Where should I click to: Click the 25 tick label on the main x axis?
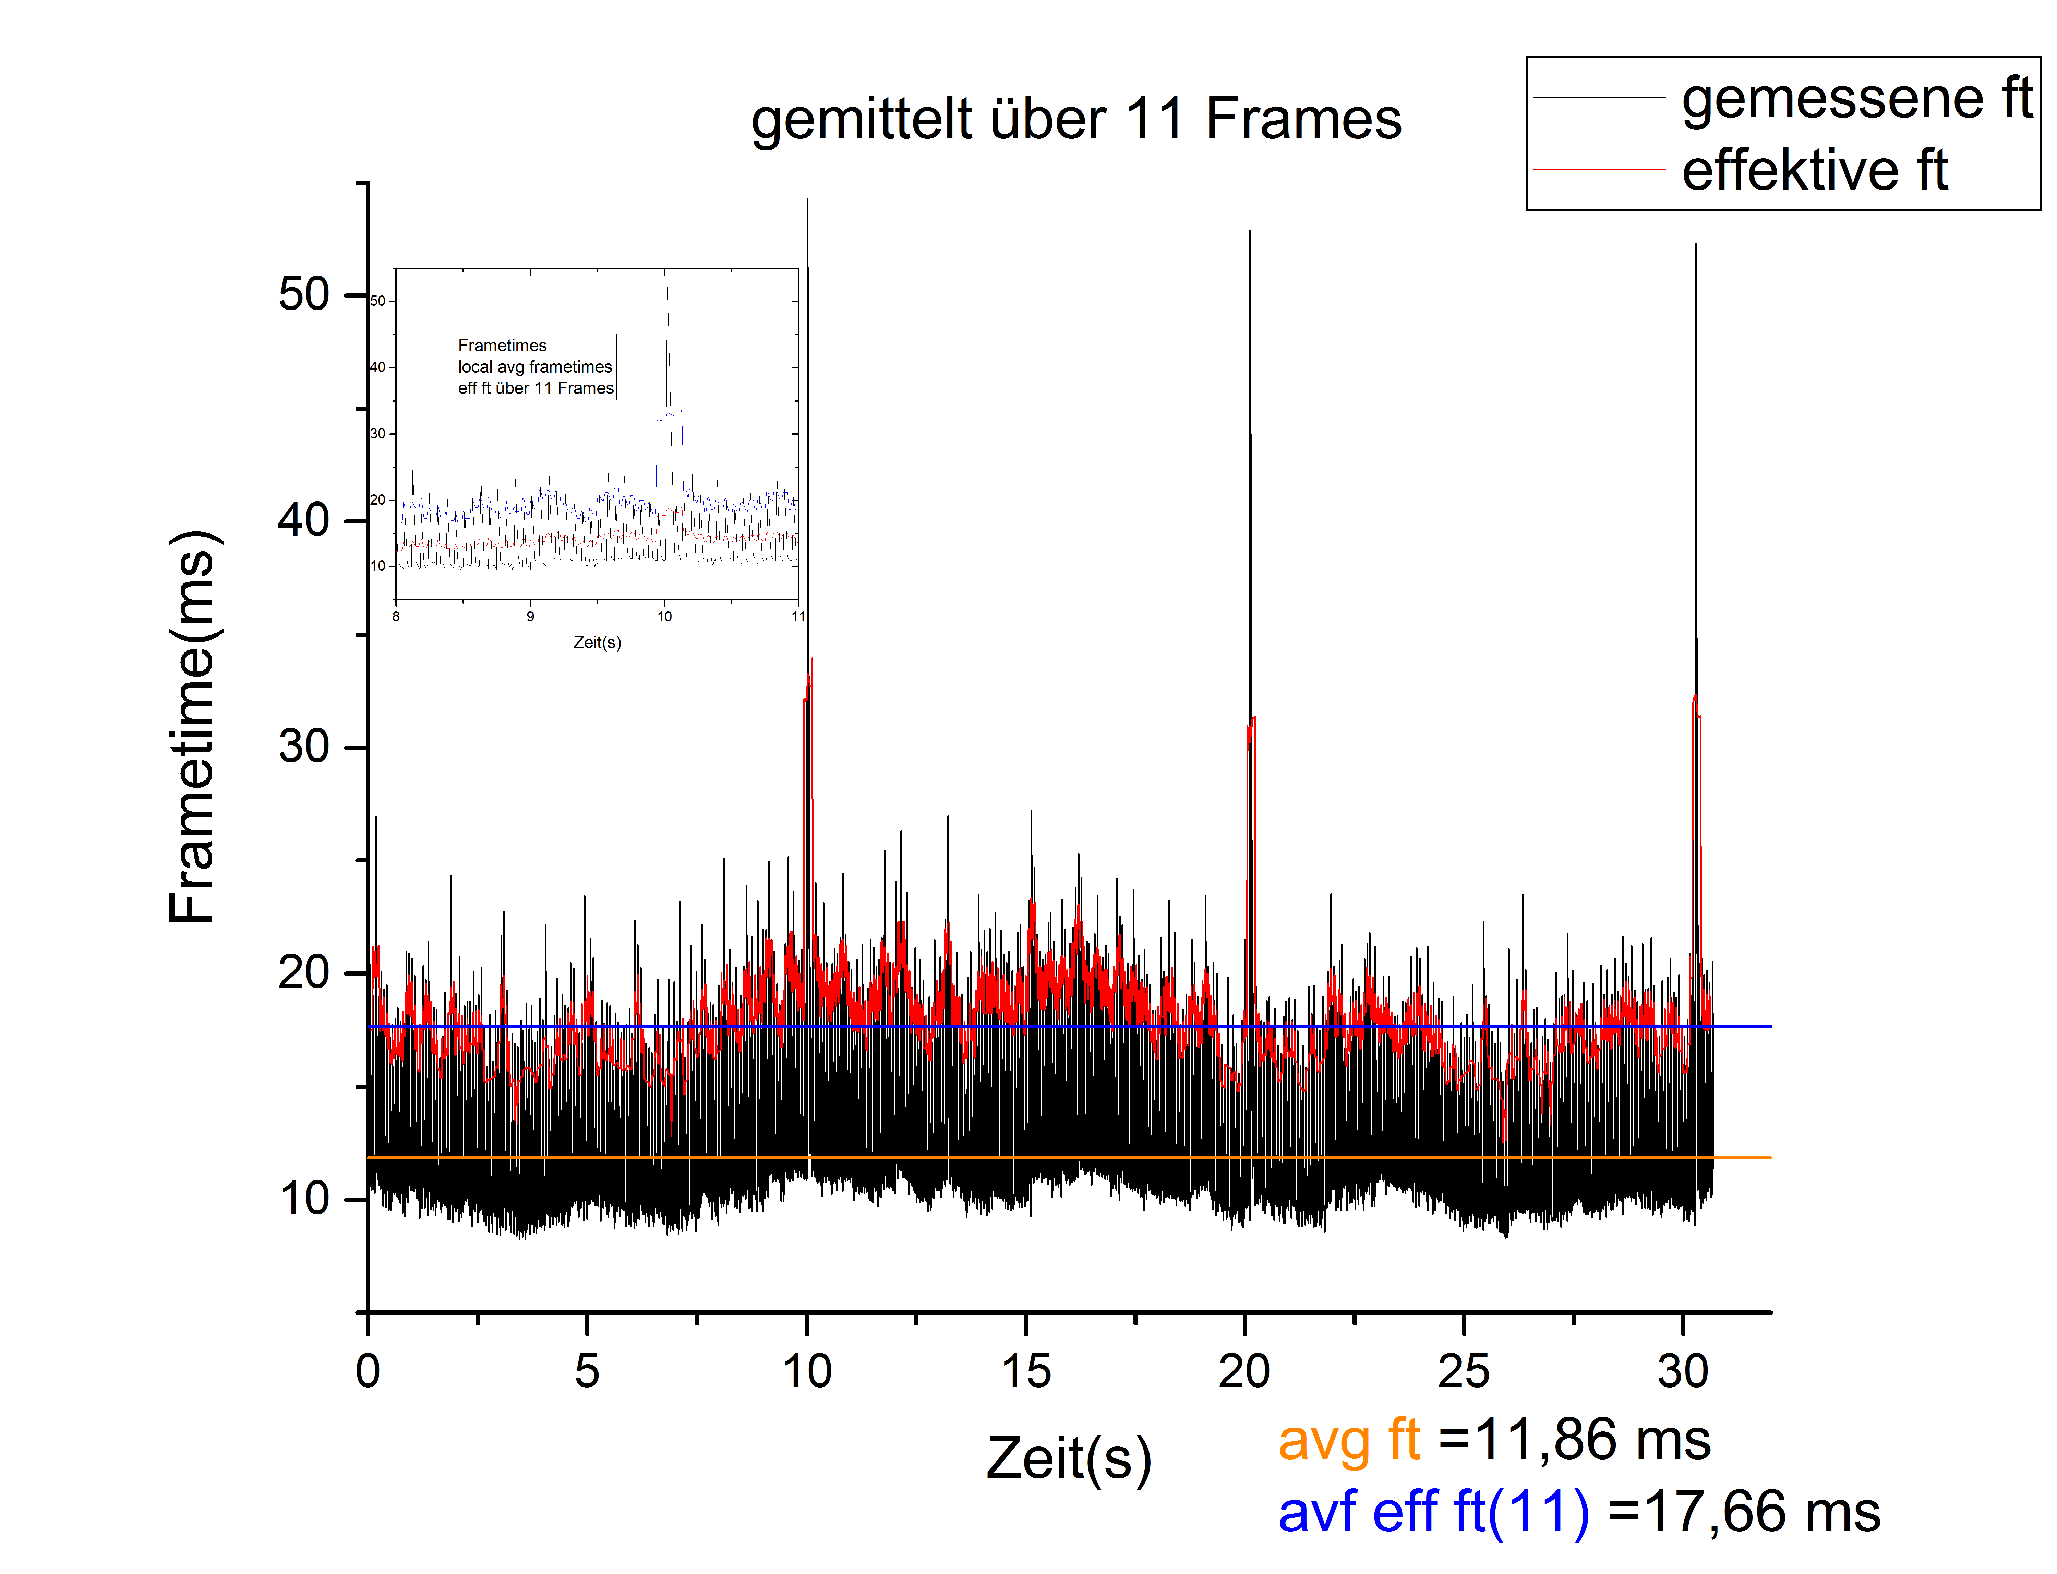[x=1463, y=1372]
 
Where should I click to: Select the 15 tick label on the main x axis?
[x=1025, y=1372]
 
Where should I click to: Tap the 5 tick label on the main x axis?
[x=587, y=1372]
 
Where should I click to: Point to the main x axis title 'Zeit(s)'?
[x=1068, y=1459]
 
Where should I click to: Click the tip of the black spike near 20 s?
[x=1249, y=232]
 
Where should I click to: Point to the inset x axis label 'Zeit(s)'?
[x=597, y=643]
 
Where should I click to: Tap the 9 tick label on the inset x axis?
[x=530, y=617]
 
